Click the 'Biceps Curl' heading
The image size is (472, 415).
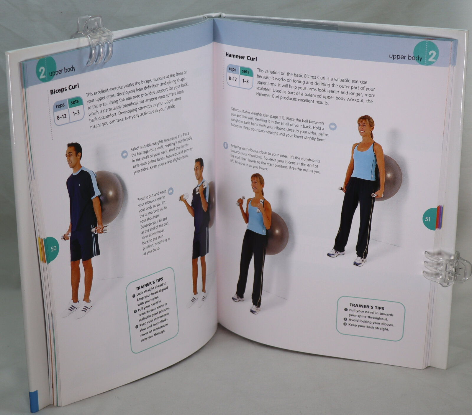pos(65,89)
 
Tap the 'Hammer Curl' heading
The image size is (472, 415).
pos(241,57)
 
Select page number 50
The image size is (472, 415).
pos(53,249)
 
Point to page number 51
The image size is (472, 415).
pos(428,219)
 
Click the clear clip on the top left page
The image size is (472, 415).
pos(92,40)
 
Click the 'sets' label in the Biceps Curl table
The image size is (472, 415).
pos(75,102)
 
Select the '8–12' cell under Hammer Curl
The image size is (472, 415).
pos(232,79)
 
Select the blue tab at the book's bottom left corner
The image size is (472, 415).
pos(34,401)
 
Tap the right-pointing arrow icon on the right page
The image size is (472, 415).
pos(333,127)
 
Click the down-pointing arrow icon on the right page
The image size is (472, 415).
pos(226,146)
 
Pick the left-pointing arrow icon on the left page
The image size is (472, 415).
pos(124,154)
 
